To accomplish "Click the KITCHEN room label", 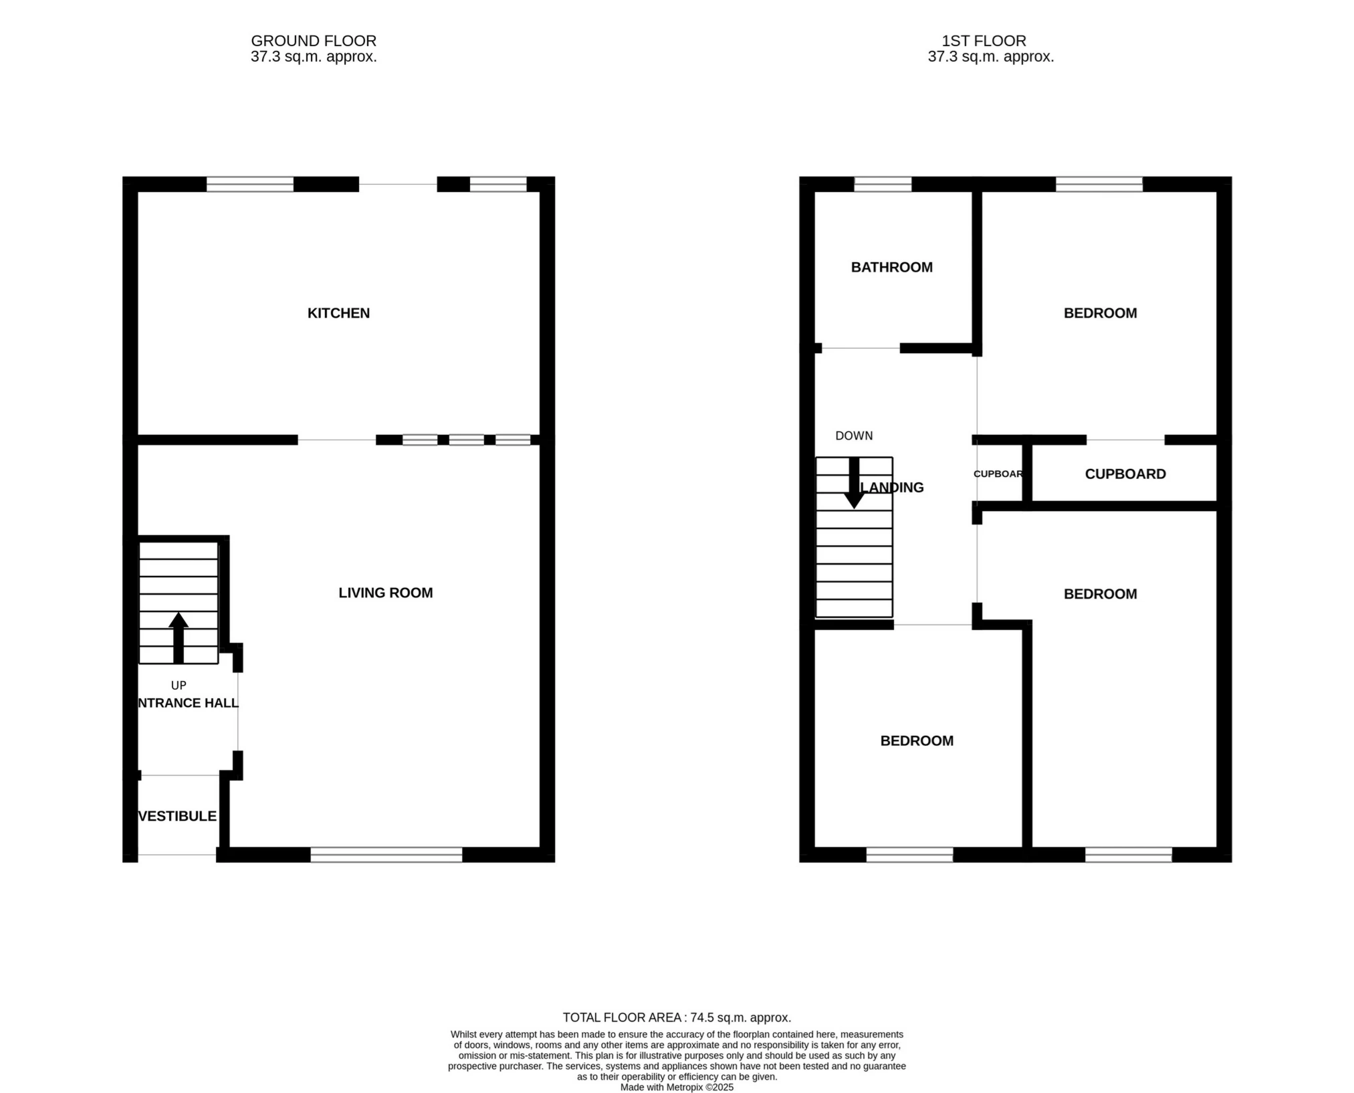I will [338, 313].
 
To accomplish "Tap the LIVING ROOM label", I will [385, 593].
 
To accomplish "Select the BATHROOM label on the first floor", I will [891, 268].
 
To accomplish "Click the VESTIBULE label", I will [177, 816].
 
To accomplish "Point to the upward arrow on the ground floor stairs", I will [179, 637].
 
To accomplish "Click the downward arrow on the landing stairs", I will [854, 484].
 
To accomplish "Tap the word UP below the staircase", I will [179, 685].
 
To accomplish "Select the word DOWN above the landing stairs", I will [854, 435].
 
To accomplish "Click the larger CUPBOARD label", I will [1125, 474].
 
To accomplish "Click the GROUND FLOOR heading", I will [314, 41].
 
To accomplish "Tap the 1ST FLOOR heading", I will [984, 41].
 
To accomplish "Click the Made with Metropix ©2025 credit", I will [677, 1087].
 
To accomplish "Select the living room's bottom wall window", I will [386, 854].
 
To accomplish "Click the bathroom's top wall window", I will [883, 184].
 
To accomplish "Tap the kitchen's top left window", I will [249, 184].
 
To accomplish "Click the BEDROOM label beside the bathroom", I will [1100, 313].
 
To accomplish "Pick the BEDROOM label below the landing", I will [916, 740].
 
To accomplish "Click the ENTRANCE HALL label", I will [188, 703].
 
